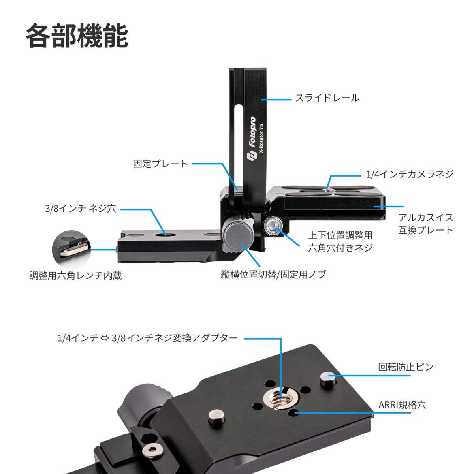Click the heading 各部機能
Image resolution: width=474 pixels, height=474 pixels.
pos(77,36)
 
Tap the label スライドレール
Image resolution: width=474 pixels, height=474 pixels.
pos(327,98)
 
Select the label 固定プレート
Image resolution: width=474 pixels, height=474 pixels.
pos(160,164)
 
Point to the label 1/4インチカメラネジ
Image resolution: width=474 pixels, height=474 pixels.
pos(410,174)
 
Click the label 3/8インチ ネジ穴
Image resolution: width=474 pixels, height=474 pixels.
pos(81,209)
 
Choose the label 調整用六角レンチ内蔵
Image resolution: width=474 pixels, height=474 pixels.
pos(75,275)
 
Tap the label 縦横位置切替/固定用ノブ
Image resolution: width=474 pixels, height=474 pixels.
pos(273,274)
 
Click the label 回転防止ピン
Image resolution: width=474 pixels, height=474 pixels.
pos(406,367)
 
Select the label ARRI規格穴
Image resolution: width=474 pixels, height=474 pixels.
pos(402,405)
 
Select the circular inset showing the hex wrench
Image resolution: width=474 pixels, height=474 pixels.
pos(71,249)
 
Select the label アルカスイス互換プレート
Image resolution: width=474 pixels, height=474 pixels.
pos(425,224)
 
